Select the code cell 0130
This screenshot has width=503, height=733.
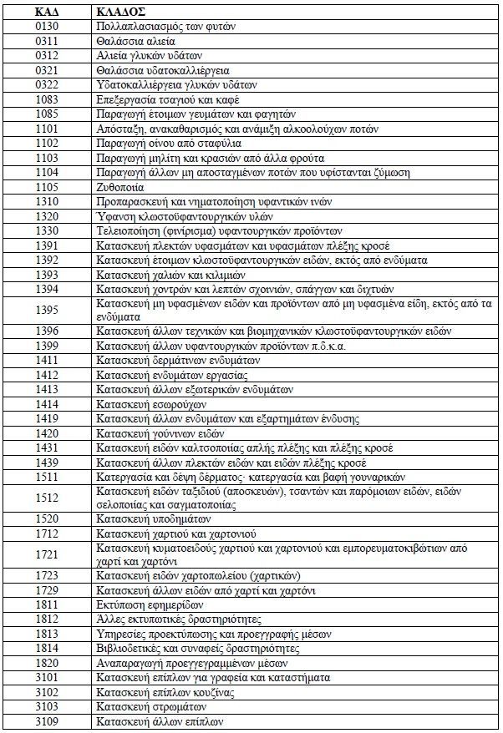[48, 27]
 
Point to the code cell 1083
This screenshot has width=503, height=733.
[48, 99]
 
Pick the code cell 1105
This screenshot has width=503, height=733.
[48, 187]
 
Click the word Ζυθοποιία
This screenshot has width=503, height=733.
[120, 187]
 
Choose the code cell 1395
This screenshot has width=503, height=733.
[48, 310]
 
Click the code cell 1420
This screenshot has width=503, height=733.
[48, 433]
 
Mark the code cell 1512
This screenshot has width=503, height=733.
[48, 498]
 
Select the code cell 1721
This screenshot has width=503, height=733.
[48, 554]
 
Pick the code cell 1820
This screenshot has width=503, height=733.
[48, 663]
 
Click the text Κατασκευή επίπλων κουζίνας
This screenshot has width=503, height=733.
[165, 692]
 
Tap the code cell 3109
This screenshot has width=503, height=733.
[48, 721]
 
